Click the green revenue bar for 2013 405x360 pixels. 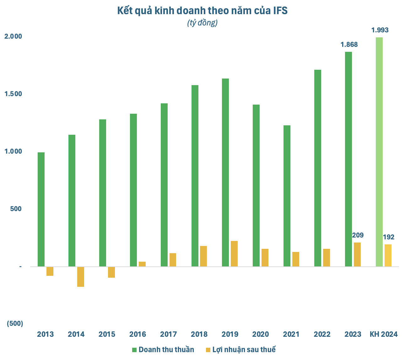[x=41, y=210]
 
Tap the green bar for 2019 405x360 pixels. [x=225, y=172]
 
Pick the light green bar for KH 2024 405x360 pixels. [x=379, y=152]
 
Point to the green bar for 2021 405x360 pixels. [x=287, y=196]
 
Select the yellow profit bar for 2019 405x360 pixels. [x=234, y=254]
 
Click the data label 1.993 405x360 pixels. [x=380, y=30]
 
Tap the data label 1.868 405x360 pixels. [x=349, y=45]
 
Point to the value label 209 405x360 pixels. [x=358, y=235]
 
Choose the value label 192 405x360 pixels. [x=388, y=237]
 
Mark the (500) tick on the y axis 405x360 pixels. [x=15, y=324]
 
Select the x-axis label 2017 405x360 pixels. [x=168, y=334]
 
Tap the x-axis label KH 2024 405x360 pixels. [x=384, y=334]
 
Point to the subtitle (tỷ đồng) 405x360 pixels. [x=202, y=23]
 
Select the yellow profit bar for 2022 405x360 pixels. [x=327, y=258]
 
